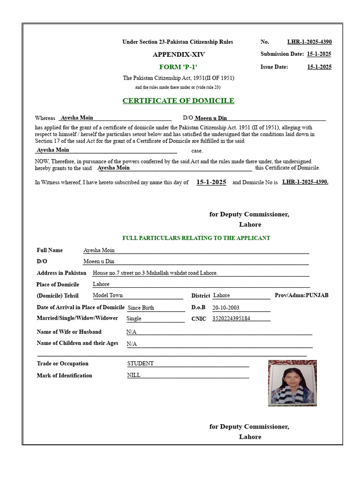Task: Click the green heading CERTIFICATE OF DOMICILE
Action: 178,101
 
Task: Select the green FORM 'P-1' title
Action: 178,67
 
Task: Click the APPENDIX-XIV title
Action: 179,54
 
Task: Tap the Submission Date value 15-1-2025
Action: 319,54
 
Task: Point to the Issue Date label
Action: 274,67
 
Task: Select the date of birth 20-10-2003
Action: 226,308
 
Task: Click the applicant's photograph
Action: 292,382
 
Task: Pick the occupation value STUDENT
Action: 140,364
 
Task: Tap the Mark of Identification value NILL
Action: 134,375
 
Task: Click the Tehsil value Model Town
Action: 108,296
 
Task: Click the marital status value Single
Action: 134,319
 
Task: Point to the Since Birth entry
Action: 141,308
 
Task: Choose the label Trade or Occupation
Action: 62,364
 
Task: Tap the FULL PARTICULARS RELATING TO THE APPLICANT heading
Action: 196,238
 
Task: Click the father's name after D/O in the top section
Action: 211,118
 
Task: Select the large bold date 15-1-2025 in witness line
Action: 211,182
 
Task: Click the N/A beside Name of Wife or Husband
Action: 131,332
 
